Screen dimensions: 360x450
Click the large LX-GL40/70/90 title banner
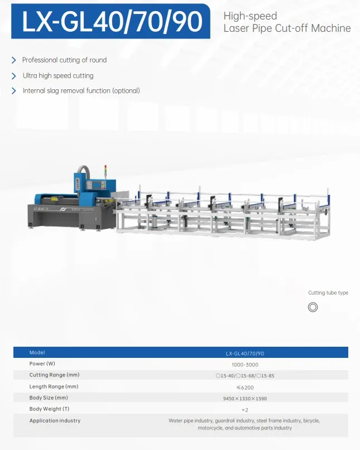coord(111,21)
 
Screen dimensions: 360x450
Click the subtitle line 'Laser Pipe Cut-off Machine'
coord(287,28)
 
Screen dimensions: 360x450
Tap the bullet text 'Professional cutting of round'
coord(65,60)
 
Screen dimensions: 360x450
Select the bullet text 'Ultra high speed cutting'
coord(58,75)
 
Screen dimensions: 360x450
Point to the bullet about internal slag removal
coord(81,90)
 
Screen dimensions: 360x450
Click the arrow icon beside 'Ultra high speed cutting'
coord(13,76)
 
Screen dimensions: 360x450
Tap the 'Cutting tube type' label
coord(328,293)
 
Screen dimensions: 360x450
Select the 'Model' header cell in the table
coord(37,352)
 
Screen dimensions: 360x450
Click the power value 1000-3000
coord(245,365)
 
